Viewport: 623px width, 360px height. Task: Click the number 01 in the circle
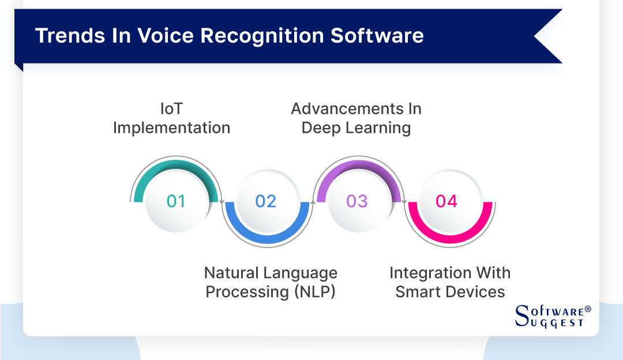[x=176, y=201]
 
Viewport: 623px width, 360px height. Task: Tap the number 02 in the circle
[x=266, y=201]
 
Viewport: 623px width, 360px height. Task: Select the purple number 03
[x=356, y=201]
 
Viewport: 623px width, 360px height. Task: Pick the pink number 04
[x=446, y=201]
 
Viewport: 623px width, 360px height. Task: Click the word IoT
[x=171, y=108]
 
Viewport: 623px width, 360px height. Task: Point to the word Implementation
[x=171, y=127]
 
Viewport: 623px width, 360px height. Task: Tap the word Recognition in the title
[x=258, y=36]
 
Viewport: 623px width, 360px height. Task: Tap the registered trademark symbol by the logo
[x=588, y=310]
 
